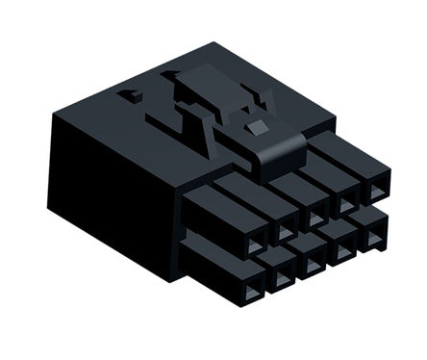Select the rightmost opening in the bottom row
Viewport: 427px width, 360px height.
click(372, 235)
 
